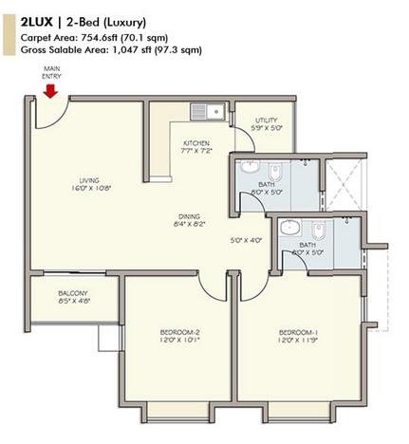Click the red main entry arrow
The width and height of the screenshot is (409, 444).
(x=50, y=90)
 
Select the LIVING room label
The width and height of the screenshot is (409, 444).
(x=90, y=179)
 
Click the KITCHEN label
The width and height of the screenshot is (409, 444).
(x=196, y=144)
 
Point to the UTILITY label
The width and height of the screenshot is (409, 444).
(x=267, y=119)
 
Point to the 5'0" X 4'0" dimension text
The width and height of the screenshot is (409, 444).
(x=247, y=240)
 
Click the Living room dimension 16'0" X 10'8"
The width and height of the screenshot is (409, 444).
(x=90, y=189)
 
